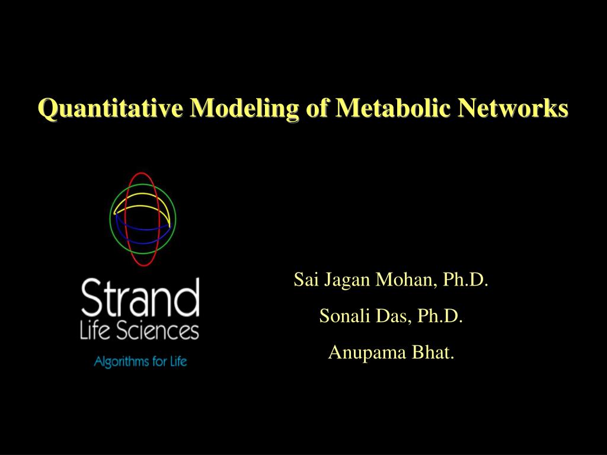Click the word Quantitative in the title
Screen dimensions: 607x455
111,108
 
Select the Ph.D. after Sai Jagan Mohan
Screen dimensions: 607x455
466,280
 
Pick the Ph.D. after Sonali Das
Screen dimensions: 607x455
440,316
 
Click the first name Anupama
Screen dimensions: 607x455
367,353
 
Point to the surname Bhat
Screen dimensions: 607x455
433,352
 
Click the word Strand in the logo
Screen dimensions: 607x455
140,297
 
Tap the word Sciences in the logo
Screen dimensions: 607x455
157,332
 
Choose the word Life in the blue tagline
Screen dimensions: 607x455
178,361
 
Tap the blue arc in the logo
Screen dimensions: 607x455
142,243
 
